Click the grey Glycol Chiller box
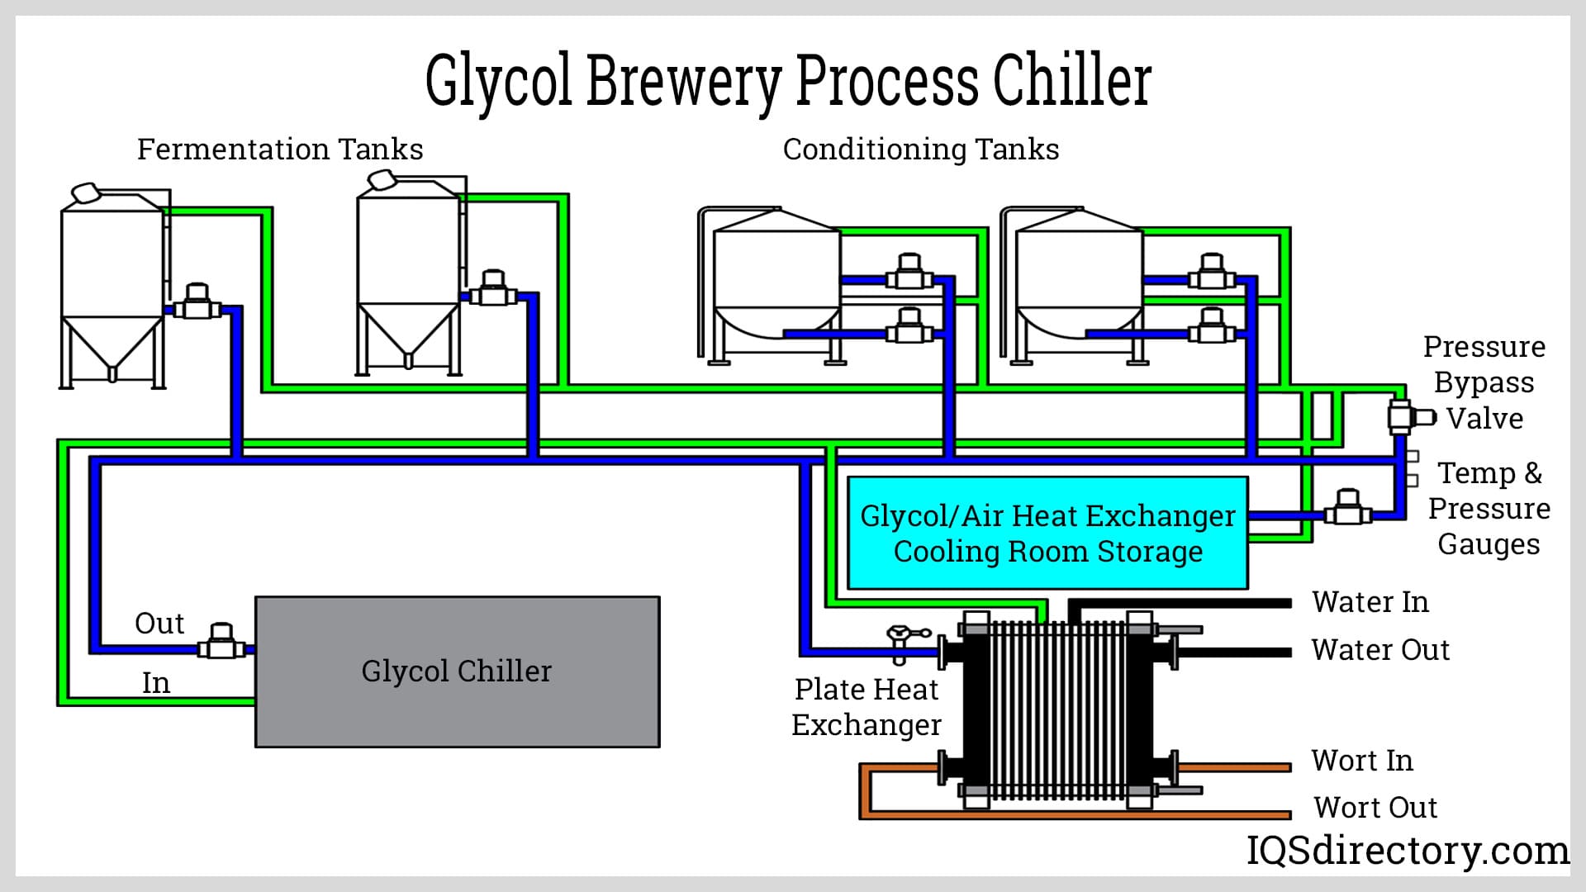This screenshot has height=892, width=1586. pos(457,671)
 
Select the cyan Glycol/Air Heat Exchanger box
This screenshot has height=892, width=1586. pos(1047,533)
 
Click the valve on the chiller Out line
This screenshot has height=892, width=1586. pos(221,643)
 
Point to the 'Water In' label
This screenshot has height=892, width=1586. pos(1370,602)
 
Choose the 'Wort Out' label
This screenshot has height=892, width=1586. pos(1375,807)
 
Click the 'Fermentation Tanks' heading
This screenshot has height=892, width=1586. pos(280,149)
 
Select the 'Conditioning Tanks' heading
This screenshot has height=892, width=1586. pos(920,149)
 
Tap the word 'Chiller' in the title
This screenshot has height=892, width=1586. pos(1071,81)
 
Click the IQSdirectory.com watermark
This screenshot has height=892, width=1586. pos(1408,850)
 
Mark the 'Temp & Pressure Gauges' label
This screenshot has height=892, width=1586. pos(1489,508)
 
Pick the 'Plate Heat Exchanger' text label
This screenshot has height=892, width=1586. pos(867,706)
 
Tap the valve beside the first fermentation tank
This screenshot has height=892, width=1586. pos(197,303)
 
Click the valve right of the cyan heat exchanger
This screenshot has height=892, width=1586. pos(1348,508)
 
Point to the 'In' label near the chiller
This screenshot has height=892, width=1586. pos(156,683)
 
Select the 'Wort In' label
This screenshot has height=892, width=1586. pos(1362,761)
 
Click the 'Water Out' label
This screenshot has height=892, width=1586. pos(1379,650)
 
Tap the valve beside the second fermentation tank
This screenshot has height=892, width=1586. pos(493,289)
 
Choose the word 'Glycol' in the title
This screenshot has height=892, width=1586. pos(498,81)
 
